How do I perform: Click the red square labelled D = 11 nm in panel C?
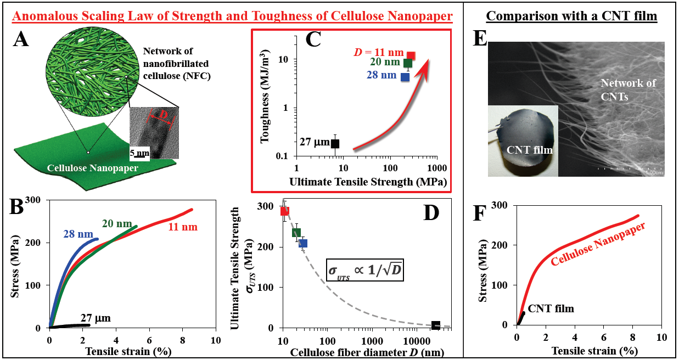pyautogui.click(x=411, y=55)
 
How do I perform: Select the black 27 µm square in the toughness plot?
pyautogui.click(x=335, y=143)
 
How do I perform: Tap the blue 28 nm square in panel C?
pyautogui.click(x=405, y=76)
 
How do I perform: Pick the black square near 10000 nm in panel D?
pyautogui.click(x=435, y=325)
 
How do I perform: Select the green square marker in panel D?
pyautogui.click(x=296, y=233)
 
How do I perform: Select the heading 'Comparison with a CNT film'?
pyautogui.click(x=572, y=16)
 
